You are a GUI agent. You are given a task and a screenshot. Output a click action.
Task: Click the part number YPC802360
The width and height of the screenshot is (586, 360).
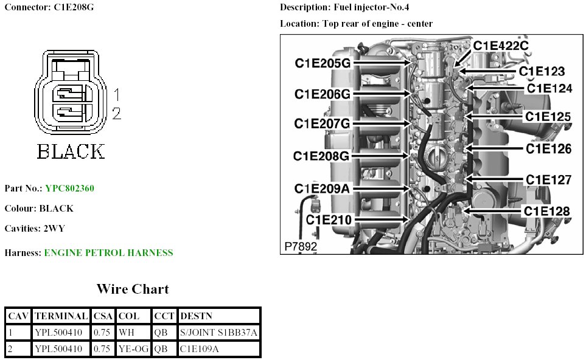coord(69,189)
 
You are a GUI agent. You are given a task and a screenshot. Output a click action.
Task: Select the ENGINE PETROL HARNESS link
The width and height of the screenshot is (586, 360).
coord(108,252)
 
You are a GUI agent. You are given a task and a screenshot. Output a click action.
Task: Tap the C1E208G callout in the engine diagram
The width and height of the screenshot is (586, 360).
coord(321,156)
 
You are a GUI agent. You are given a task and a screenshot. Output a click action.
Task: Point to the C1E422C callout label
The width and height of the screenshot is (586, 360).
coord(501,46)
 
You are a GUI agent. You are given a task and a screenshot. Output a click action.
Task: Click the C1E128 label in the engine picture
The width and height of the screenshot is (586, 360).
coord(547,211)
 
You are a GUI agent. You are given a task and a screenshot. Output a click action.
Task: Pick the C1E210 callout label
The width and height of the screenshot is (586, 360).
coord(328,219)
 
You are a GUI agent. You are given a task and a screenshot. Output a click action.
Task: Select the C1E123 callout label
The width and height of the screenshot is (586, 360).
coord(542,72)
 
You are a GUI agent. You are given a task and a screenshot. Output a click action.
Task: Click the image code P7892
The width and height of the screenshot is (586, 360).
coord(301,246)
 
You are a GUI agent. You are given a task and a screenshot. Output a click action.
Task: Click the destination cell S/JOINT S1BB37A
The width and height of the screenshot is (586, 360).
coord(218,332)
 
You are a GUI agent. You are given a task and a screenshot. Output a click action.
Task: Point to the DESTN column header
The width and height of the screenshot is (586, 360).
coord(197,316)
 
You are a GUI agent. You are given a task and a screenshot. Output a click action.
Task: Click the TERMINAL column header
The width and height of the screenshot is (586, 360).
coord(61,316)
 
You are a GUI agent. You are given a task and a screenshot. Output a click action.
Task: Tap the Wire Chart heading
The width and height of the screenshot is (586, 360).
coord(132,289)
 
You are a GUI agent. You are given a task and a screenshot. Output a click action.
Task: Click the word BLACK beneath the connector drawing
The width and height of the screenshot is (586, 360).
coord(71,151)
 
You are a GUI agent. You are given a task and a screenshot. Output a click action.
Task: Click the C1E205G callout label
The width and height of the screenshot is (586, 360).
coord(323,63)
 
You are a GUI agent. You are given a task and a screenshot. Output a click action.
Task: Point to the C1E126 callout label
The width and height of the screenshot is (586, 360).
coord(548,148)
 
